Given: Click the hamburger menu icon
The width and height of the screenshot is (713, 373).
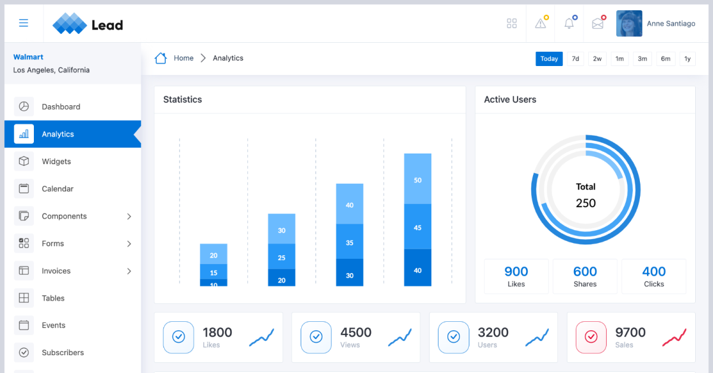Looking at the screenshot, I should [x=24, y=23].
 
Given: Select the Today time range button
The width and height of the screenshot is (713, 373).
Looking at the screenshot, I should [x=549, y=58].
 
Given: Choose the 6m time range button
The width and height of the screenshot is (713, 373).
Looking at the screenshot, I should [x=665, y=58].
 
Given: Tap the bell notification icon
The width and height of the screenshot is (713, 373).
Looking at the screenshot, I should [x=569, y=23].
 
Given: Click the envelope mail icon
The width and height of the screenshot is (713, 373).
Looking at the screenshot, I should [x=598, y=24].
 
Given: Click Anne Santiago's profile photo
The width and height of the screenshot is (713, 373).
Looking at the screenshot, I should [x=629, y=24].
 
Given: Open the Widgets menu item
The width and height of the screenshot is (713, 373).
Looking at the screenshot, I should [x=56, y=161].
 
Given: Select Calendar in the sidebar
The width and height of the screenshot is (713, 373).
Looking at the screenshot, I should [x=58, y=189].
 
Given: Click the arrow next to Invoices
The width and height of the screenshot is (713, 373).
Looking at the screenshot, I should [x=129, y=271].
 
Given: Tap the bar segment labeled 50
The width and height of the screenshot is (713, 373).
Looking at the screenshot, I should [x=418, y=180].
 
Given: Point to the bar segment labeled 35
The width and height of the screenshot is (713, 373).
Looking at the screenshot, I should [x=349, y=242].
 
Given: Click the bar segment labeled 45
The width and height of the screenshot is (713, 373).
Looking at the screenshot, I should [x=418, y=227].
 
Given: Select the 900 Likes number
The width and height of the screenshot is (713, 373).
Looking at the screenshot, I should [x=516, y=272].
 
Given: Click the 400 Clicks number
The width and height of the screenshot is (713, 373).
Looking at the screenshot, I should [x=654, y=272].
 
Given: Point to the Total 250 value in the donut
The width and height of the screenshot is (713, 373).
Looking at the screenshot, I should [x=585, y=203].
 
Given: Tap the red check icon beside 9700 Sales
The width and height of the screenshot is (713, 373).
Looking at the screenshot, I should [x=591, y=337].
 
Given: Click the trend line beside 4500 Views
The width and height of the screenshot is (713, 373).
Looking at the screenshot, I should [x=399, y=337].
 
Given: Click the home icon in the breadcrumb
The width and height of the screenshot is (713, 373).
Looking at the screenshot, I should [x=160, y=58].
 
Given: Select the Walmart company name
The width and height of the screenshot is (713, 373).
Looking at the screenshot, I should [x=29, y=57].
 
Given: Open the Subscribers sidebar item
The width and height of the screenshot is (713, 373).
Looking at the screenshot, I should [x=62, y=352].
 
